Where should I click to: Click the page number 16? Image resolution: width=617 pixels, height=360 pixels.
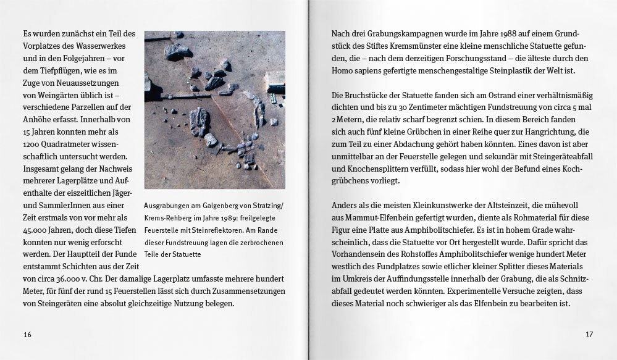27,334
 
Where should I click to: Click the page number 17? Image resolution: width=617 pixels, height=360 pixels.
589,334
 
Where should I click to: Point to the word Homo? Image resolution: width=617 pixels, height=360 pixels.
343,70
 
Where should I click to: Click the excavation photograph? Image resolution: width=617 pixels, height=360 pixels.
214,110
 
